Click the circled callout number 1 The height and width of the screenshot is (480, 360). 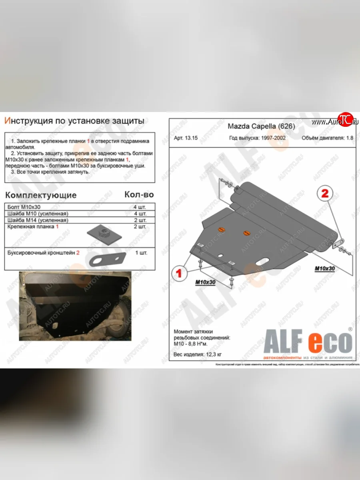179,273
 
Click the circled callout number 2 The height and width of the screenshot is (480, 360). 324,194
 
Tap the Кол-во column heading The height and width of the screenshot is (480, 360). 139,194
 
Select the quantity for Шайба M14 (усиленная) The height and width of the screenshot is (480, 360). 140,220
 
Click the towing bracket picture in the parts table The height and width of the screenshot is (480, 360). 107,258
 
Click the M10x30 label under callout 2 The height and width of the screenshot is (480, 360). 324,268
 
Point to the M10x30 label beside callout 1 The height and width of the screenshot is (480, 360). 206,282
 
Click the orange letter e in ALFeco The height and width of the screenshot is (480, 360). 307,342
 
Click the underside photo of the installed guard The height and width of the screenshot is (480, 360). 75,306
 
